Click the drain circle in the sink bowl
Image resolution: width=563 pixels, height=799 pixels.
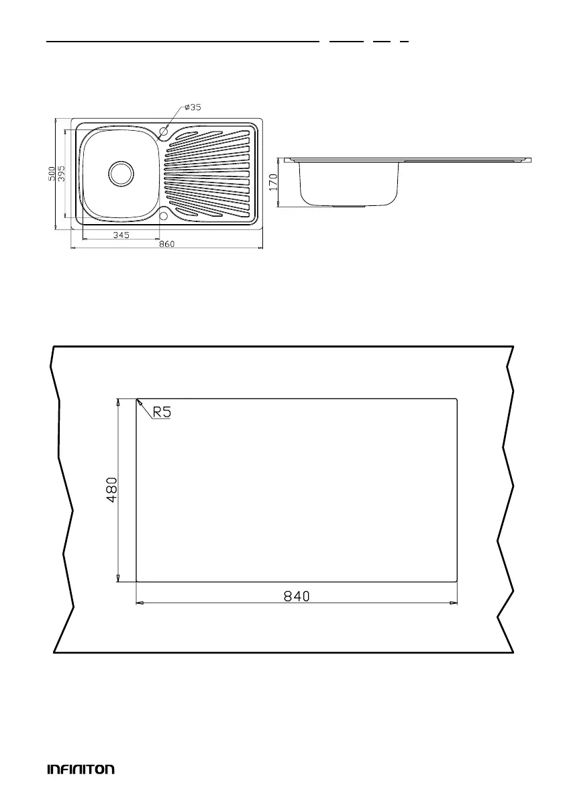point(121,172)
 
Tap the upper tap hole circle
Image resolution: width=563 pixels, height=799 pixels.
point(164,131)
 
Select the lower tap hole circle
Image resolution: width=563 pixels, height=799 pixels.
point(164,215)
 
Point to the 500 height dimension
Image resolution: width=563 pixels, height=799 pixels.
point(52,174)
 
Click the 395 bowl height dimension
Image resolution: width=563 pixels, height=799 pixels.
point(61,174)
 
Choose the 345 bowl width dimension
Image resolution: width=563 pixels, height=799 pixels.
point(121,235)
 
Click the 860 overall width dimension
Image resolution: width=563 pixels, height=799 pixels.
point(166,244)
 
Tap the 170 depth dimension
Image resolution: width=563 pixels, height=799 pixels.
point(274,182)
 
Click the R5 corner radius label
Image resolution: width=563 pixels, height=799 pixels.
point(162,412)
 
